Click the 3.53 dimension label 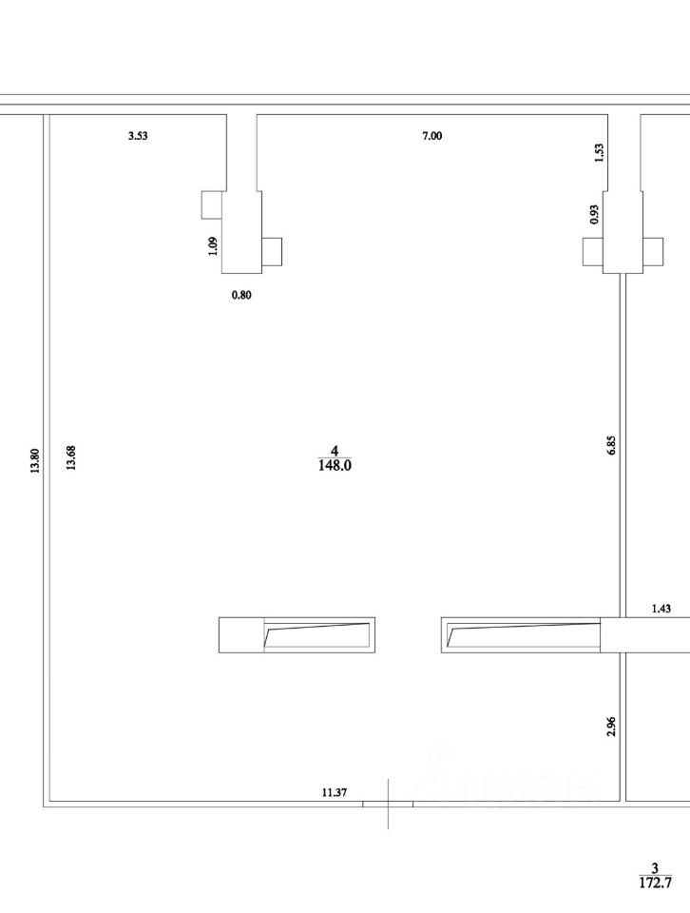click(x=138, y=136)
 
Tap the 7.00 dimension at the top click(x=431, y=136)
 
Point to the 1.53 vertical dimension click(x=600, y=152)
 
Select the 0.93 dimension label click(x=594, y=214)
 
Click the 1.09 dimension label click(x=213, y=245)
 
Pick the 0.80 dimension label click(x=241, y=295)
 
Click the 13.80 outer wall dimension click(x=35, y=460)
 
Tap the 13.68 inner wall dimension click(x=71, y=457)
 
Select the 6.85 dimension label click(x=611, y=445)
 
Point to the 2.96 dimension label click(x=611, y=727)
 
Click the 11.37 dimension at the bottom click(x=335, y=792)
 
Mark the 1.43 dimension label click(x=661, y=609)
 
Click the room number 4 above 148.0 click(x=335, y=451)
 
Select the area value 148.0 click(x=335, y=465)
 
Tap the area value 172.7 click(x=655, y=883)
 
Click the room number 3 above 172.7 click(x=655, y=868)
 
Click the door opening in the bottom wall click(x=388, y=805)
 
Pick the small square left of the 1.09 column click(x=212, y=205)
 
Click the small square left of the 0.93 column click(x=593, y=251)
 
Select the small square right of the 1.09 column click(x=272, y=251)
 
